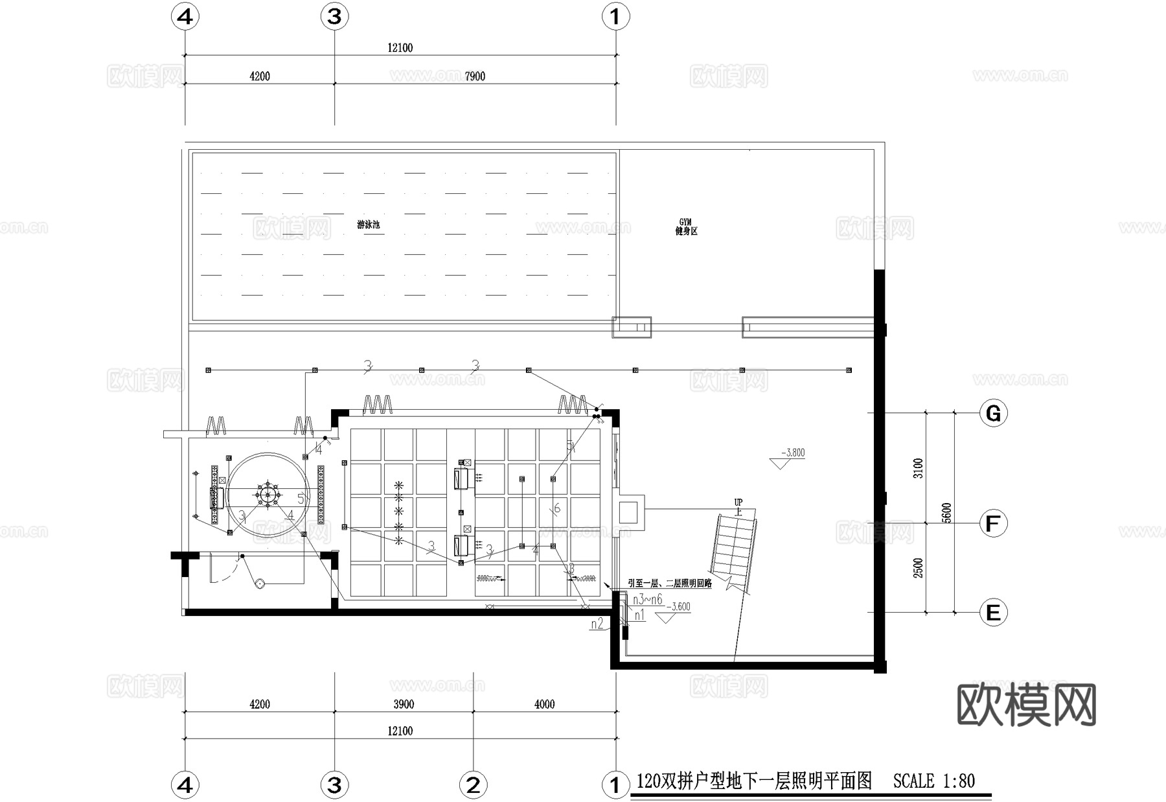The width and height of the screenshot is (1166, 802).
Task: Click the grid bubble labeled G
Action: (x=993, y=413)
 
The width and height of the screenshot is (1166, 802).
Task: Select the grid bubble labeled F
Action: (x=993, y=523)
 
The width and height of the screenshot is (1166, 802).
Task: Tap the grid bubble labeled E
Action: (x=993, y=612)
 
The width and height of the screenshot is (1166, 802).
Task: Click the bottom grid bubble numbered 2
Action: (x=473, y=785)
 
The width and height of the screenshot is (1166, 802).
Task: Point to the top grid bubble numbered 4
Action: (x=185, y=16)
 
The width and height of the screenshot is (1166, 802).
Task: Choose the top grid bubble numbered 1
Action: (x=615, y=16)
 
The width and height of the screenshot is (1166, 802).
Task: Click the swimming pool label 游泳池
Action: (x=368, y=225)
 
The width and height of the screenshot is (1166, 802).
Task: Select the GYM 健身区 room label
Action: (x=686, y=227)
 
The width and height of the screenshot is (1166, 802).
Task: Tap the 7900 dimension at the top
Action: (x=475, y=77)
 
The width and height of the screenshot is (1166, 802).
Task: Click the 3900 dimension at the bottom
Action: (x=404, y=704)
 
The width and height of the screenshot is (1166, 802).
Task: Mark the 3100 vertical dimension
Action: (x=918, y=468)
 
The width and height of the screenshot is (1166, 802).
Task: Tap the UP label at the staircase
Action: (x=738, y=502)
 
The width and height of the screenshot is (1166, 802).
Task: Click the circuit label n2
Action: (x=597, y=624)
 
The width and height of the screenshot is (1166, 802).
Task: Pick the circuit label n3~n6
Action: (x=647, y=600)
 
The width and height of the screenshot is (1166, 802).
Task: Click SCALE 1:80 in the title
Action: (x=933, y=781)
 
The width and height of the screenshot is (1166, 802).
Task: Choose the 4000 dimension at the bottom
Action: (x=544, y=704)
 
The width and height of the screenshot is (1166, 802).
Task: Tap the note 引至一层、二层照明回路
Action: (x=670, y=584)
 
